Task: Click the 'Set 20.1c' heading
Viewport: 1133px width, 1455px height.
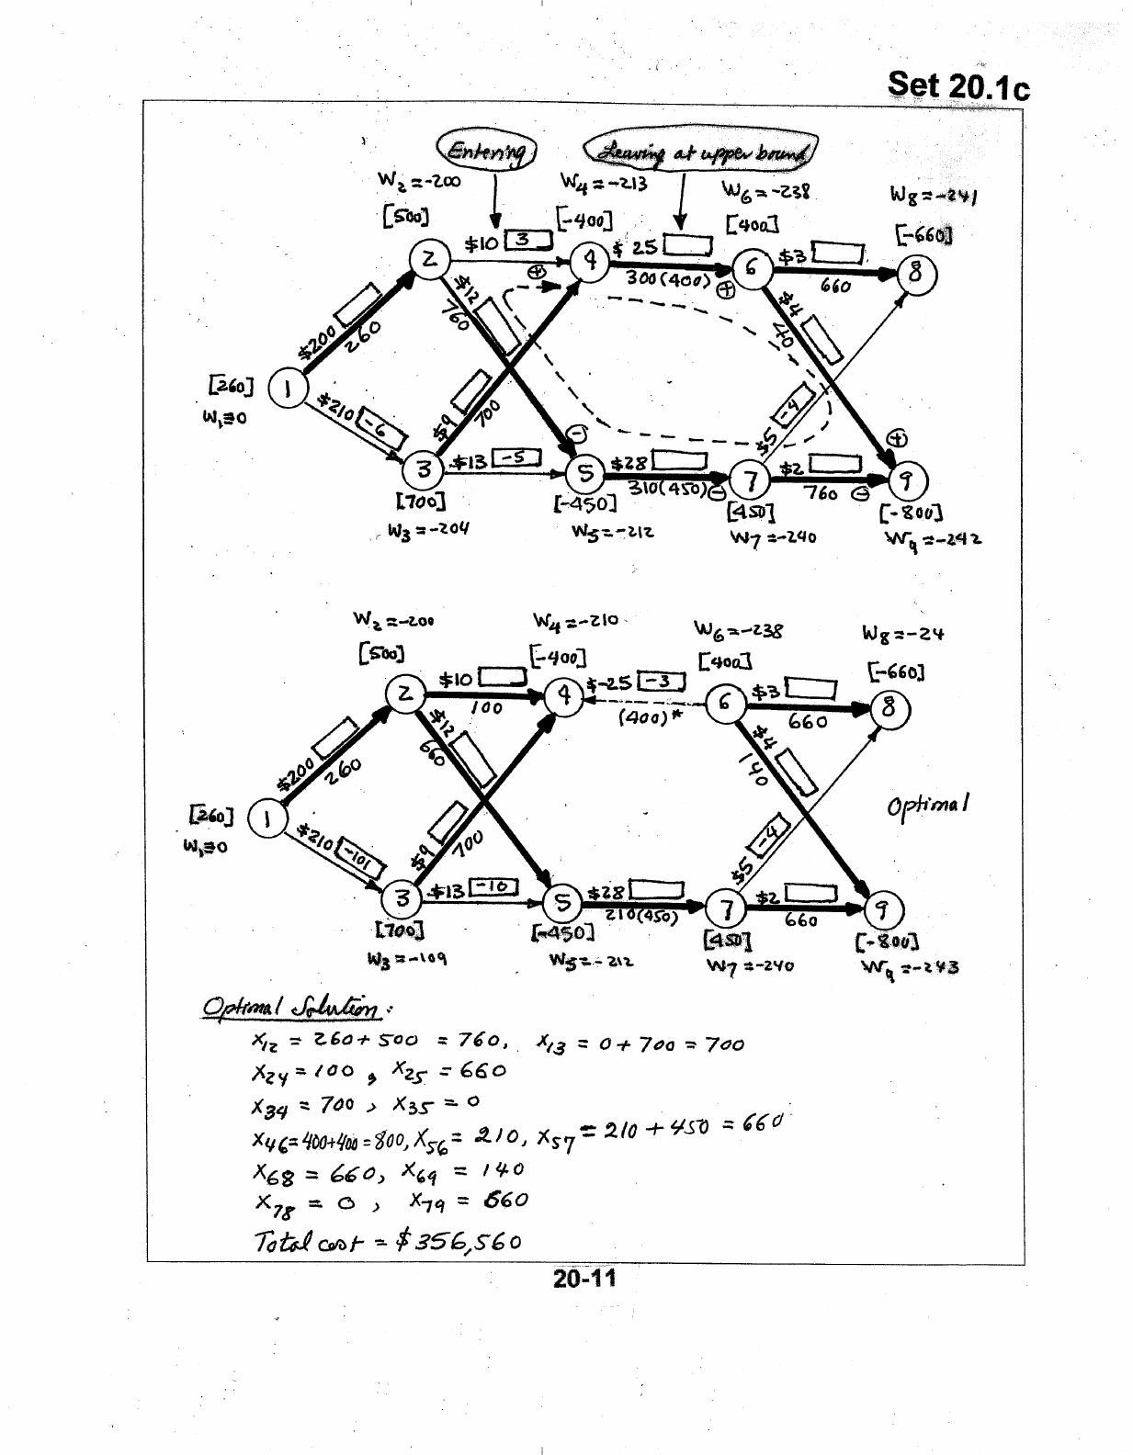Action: (x=957, y=85)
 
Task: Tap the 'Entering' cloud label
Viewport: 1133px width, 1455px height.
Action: (x=486, y=151)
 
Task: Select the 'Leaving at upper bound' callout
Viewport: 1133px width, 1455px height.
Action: (x=700, y=152)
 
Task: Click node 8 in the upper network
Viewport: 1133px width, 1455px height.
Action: (x=916, y=274)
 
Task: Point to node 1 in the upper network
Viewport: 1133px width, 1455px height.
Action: (x=286, y=389)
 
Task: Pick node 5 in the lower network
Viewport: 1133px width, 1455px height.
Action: (x=562, y=903)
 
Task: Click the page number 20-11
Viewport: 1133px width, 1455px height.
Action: (x=583, y=1278)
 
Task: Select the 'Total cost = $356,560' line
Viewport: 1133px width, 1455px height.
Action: (x=387, y=1241)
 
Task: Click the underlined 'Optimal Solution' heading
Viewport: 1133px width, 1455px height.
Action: (x=293, y=1009)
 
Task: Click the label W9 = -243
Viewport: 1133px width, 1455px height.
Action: (x=909, y=967)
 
